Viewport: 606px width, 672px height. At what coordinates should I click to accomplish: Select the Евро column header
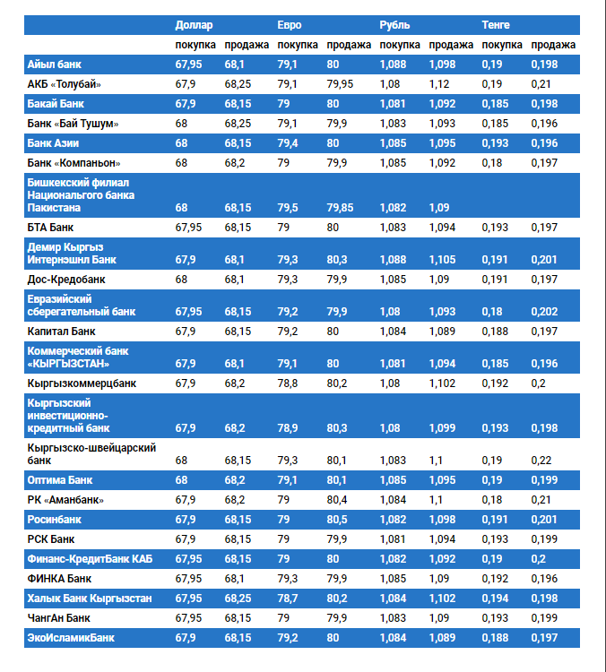290,25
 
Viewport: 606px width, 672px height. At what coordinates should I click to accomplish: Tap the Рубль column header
394,25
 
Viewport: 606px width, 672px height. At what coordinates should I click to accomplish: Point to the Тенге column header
496,25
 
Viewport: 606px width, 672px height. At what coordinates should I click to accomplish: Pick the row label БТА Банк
51,228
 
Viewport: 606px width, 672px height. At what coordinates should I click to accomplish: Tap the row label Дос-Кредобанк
67,280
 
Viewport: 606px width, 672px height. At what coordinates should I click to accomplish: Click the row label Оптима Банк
60,480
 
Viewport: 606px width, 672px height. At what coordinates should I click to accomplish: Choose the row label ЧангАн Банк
59,618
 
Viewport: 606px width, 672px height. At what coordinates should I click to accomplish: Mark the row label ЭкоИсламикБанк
71,638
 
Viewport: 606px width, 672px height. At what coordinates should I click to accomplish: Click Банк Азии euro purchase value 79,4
289,143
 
